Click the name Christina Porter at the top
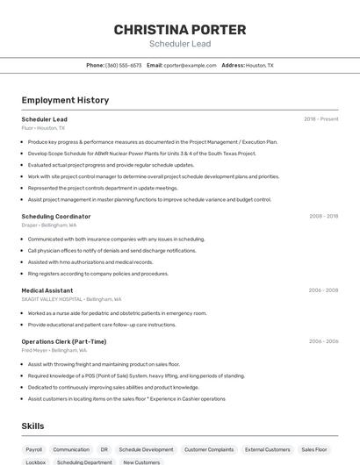pyautogui.click(x=179, y=29)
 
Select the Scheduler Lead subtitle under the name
pyautogui.click(x=179, y=44)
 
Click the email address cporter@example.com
pyautogui.click(x=190, y=65)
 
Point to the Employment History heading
pyautogui.click(x=65, y=100)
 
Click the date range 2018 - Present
pyautogui.click(x=320, y=119)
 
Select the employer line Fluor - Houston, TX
pyautogui.click(x=43, y=128)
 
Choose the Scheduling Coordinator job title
pyautogui.click(x=56, y=216)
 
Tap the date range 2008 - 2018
pyautogui.click(x=323, y=216)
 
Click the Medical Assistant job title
pyautogui.click(x=47, y=290)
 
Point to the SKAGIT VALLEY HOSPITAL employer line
pyautogui.click(x=71, y=299)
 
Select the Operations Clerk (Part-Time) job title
pyautogui.click(x=64, y=341)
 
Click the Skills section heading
pyautogui.click(x=32, y=426)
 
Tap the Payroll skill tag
pyautogui.click(x=34, y=449)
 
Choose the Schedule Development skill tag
pyautogui.click(x=146, y=449)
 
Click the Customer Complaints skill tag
pyautogui.click(x=209, y=449)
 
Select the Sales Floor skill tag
pyautogui.click(x=313, y=449)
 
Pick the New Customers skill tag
pyautogui.click(x=141, y=461)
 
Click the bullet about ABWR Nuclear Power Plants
pyautogui.click(x=141, y=153)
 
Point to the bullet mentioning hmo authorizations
pyautogui.click(x=90, y=261)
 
